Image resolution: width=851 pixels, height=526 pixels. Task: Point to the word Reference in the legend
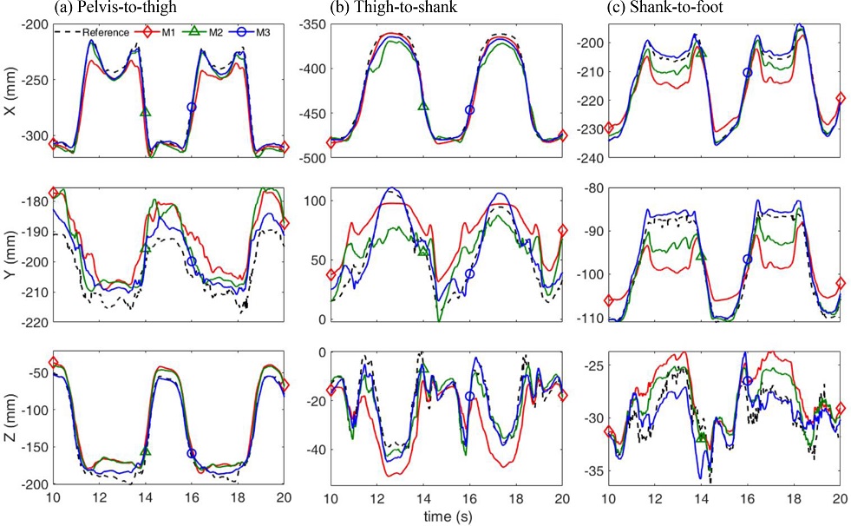106,33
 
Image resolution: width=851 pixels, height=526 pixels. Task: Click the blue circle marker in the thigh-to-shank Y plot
470,274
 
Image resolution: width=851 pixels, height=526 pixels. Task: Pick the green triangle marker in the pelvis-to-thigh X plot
146,112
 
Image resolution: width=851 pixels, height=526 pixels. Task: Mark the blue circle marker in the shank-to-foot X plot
748,73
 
